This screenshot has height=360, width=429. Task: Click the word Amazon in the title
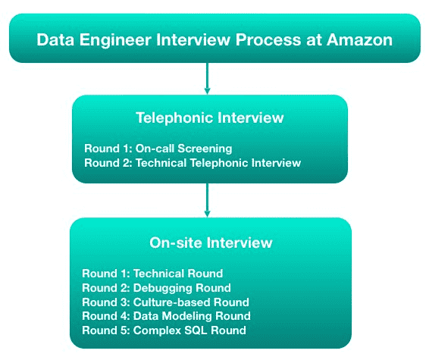(x=359, y=40)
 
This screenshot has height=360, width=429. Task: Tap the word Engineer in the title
(x=115, y=40)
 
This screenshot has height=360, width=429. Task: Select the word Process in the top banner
(x=268, y=40)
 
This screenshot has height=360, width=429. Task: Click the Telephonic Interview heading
(x=210, y=118)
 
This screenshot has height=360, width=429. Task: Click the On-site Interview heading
(x=211, y=243)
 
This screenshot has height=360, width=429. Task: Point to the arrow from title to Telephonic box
(x=208, y=79)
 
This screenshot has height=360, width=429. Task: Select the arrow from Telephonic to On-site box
(x=208, y=200)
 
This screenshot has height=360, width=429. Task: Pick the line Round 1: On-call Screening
(x=158, y=149)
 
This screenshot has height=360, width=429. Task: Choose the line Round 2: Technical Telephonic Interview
(x=193, y=163)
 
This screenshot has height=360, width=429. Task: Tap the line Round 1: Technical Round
(x=152, y=274)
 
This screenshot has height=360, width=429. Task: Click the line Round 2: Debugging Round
(x=156, y=288)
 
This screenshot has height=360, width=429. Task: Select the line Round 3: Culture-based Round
(x=165, y=302)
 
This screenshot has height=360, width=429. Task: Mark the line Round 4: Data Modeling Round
(x=166, y=316)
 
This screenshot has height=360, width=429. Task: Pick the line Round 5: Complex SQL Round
(x=164, y=330)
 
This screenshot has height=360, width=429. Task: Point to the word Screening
(x=205, y=149)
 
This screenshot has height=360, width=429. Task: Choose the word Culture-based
(x=171, y=302)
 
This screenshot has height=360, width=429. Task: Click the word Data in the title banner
(x=55, y=40)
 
